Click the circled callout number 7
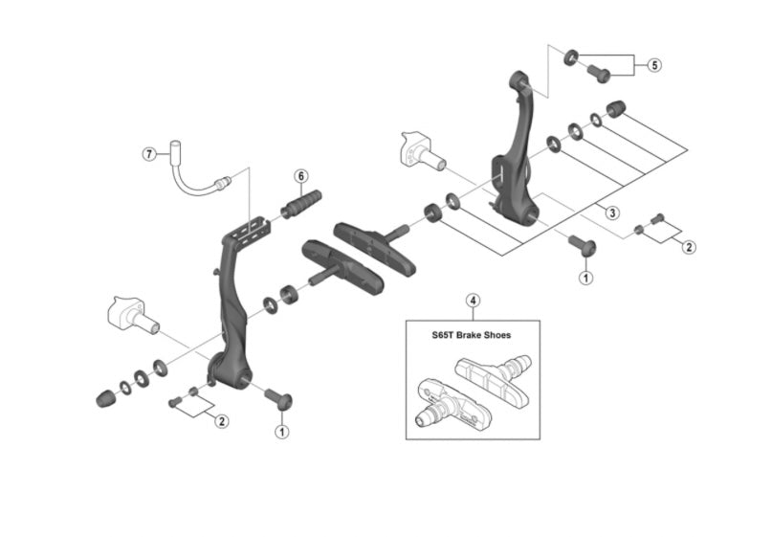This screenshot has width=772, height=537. [148, 153]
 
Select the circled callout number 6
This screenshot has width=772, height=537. [300, 176]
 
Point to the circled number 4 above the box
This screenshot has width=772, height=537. [473, 301]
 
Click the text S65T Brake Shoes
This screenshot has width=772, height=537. [473, 336]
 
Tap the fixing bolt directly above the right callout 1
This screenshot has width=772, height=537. [585, 248]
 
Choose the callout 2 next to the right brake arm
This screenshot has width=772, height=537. [689, 246]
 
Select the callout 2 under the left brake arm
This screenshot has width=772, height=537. [222, 421]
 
